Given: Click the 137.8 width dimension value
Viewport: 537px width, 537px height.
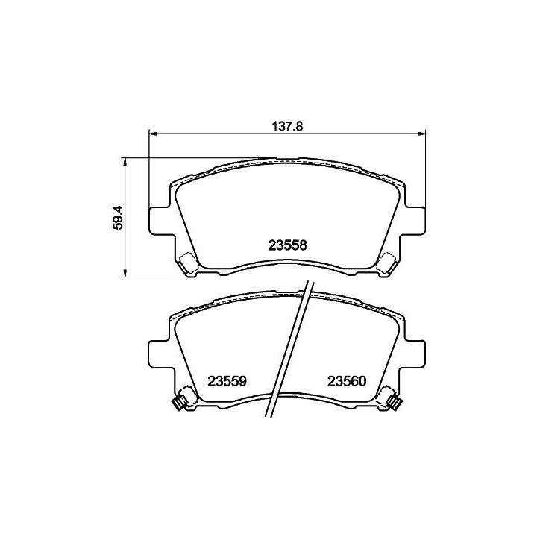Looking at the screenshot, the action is pos(287,126).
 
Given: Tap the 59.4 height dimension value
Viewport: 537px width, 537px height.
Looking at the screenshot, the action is pos(118,218).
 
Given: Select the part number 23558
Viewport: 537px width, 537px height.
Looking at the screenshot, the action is pos(287,245).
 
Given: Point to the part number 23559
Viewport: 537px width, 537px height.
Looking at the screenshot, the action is pos(227,381).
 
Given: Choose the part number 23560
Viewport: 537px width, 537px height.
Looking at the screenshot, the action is pos(347,381).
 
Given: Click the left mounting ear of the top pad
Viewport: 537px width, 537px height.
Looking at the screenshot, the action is pos(160,221).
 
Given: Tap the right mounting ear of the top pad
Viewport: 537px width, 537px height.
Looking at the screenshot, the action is pos(415,221).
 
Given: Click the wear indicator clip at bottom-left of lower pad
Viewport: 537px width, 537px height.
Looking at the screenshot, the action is pos(180,402).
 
